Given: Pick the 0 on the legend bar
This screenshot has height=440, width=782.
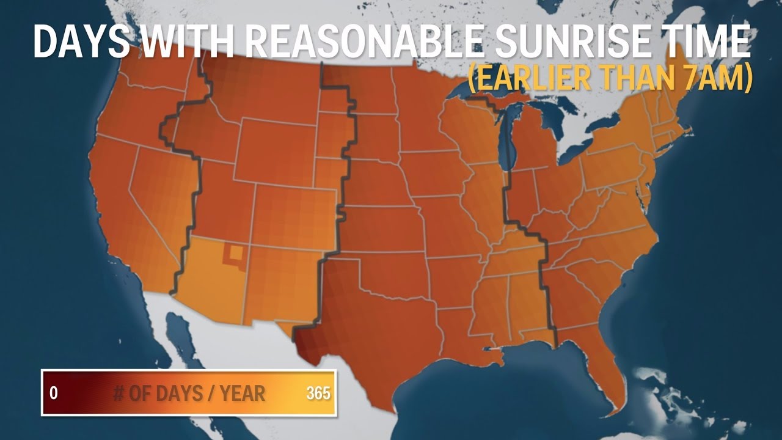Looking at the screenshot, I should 54,393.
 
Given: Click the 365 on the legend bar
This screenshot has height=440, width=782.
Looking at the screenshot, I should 318,393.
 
